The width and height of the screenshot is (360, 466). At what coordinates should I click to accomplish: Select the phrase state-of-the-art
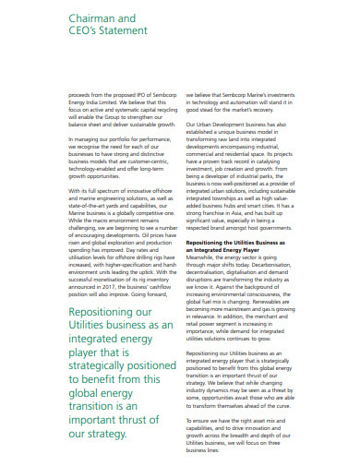[92, 195]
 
